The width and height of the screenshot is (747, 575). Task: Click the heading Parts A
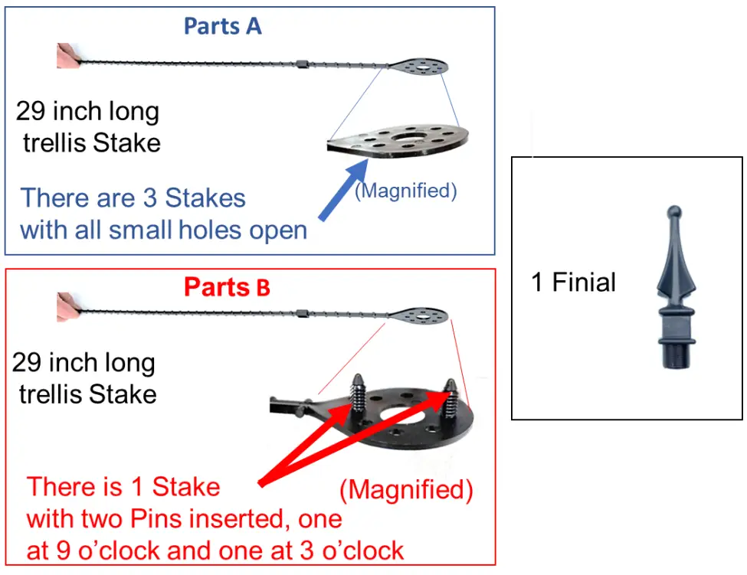pos(222,26)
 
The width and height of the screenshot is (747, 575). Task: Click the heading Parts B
pos(227,287)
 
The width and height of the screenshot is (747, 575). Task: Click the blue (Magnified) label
pos(405,191)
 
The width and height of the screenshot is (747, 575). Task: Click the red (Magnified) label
pos(406,489)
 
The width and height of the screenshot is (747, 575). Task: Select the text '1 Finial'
pos(573,283)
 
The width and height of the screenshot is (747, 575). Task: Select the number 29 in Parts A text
pos(34,112)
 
